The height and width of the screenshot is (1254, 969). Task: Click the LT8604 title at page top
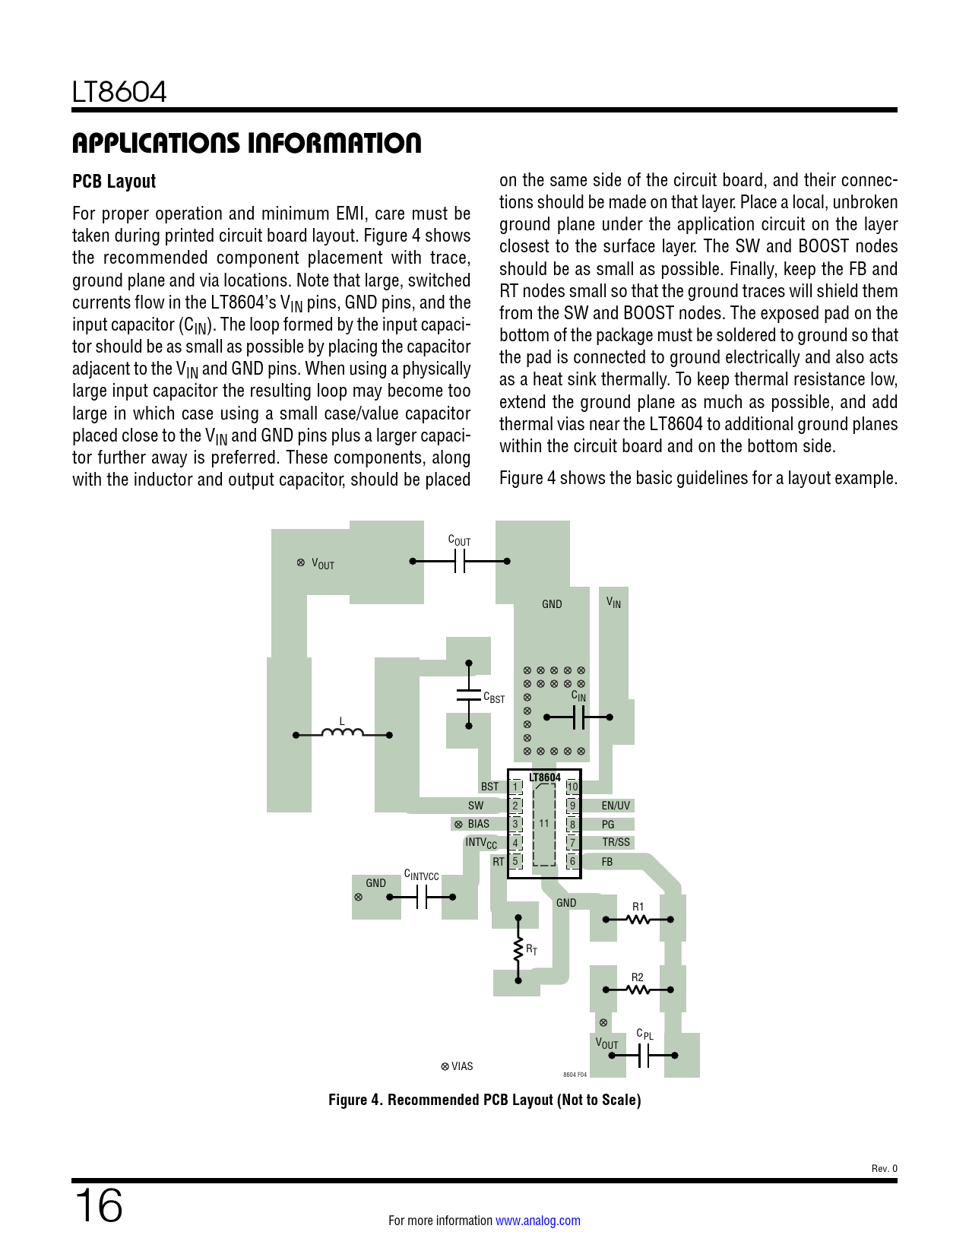pos(119,93)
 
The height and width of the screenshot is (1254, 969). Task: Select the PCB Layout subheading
pos(114,182)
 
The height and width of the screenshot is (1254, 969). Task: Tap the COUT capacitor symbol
pos(459,562)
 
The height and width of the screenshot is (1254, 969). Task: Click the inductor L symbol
pos(342,733)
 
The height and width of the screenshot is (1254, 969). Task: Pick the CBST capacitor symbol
pos(468,695)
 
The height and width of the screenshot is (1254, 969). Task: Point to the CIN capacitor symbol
pos(578,717)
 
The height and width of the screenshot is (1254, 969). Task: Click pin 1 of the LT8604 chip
pos(515,787)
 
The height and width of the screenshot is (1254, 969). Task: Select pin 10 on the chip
pos(572,787)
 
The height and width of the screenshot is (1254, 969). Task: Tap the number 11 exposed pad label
pos(544,823)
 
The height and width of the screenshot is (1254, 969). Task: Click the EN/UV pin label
pos(616,806)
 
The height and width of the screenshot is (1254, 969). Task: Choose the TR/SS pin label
pos(616,842)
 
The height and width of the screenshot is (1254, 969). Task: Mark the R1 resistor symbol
pos(638,920)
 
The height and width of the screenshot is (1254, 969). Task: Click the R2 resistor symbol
pos(638,990)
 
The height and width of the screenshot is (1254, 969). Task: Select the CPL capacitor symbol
pos(644,1055)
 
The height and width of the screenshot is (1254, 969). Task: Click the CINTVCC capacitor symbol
pos(422,898)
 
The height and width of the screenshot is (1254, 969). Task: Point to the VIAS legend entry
pos(458,1066)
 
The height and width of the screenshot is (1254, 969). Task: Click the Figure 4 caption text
pos(484,1100)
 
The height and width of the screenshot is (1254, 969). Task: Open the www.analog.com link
pos(537,1221)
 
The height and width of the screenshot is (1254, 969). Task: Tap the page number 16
pos(98,1205)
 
